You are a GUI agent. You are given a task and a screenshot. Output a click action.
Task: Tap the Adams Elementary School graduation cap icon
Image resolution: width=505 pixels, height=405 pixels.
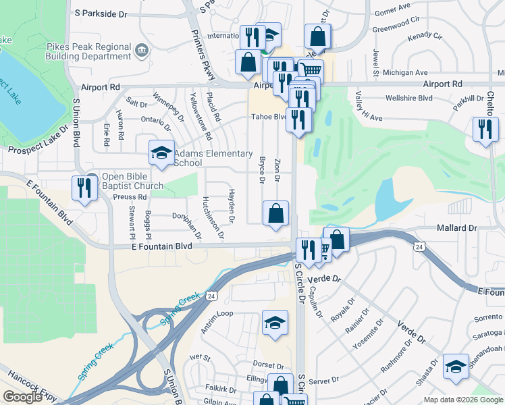click(x=161, y=153)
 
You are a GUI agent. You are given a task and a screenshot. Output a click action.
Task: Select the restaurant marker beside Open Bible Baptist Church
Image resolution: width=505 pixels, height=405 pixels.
click(x=85, y=187)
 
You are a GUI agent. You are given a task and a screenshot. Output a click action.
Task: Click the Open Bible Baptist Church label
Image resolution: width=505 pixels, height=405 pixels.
click(x=132, y=182)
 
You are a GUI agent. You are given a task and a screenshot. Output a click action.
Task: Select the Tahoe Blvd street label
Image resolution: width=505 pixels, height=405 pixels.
click(x=269, y=116)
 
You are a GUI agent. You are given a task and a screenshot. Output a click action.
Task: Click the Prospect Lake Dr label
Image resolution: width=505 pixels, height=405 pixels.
click(x=38, y=138)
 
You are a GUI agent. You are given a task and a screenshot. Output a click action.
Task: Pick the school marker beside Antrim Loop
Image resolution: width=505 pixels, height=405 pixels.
click(x=274, y=323)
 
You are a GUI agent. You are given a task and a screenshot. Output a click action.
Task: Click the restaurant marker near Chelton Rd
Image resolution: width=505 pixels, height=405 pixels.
click(x=485, y=129)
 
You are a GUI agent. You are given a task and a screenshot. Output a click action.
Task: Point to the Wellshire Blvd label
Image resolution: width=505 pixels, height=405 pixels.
click(x=408, y=98)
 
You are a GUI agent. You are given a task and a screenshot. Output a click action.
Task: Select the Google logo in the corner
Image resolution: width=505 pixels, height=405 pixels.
click(x=22, y=397)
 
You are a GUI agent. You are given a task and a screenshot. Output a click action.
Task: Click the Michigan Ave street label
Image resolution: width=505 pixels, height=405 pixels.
click(x=405, y=72)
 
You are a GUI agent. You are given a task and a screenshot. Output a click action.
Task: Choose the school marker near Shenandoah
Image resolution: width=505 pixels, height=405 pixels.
click(x=456, y=367)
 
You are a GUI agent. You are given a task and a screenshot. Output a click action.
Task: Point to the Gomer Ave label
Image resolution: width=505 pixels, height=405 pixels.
click(x=392, y=11)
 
